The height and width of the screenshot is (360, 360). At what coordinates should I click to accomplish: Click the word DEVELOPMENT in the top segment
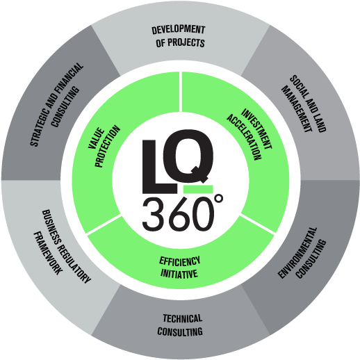(179, 30)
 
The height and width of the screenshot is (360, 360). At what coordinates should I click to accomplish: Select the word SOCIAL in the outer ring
(299, 88)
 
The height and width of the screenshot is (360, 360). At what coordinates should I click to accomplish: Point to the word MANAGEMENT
(297, 109)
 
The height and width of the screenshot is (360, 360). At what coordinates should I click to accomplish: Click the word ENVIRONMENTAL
(297, 252)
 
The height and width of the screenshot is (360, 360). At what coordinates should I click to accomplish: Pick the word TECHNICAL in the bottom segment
(183, 318)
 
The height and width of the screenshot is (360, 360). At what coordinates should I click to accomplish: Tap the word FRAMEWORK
(48, 253)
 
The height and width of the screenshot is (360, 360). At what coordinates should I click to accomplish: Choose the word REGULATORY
(74, 263)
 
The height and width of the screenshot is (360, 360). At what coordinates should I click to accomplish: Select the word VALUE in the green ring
(96, 138)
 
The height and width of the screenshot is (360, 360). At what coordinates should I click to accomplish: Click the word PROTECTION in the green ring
(108, 146)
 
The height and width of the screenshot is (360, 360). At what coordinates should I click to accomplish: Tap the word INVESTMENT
(256, 129)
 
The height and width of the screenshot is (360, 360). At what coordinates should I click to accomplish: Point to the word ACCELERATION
(244, 137)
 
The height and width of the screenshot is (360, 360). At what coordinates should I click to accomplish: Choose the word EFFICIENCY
(180, 261)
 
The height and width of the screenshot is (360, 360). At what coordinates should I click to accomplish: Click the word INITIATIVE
(179, 273)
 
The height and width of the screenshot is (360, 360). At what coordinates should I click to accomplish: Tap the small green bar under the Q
(198, 189)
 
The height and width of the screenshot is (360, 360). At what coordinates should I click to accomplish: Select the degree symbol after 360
(219, 199)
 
